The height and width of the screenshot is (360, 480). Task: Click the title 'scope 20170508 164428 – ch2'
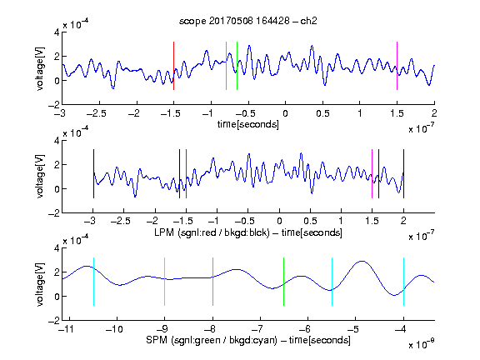248,21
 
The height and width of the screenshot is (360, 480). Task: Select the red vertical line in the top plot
173,66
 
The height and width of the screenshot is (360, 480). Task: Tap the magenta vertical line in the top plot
397,66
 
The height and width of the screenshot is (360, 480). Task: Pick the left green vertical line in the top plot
226,66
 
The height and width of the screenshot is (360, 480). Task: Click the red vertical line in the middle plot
186,174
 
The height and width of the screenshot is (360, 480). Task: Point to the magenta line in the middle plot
372,174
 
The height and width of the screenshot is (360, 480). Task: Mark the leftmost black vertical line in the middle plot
93,174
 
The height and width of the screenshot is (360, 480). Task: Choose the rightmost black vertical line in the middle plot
403,174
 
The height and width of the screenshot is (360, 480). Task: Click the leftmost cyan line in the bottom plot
93,282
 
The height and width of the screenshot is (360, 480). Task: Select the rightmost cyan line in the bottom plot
403,282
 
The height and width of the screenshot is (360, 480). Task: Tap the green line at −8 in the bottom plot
212,282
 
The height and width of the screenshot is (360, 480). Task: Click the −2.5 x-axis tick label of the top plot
97,113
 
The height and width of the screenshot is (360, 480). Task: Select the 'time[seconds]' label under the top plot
248,124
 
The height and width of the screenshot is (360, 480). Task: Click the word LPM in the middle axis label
164,232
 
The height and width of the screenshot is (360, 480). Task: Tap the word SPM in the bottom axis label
157,340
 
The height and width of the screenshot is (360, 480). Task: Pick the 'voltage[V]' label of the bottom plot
40,284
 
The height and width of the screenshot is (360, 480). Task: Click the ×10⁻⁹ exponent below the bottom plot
421,344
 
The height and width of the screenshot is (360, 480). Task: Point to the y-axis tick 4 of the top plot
57,32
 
